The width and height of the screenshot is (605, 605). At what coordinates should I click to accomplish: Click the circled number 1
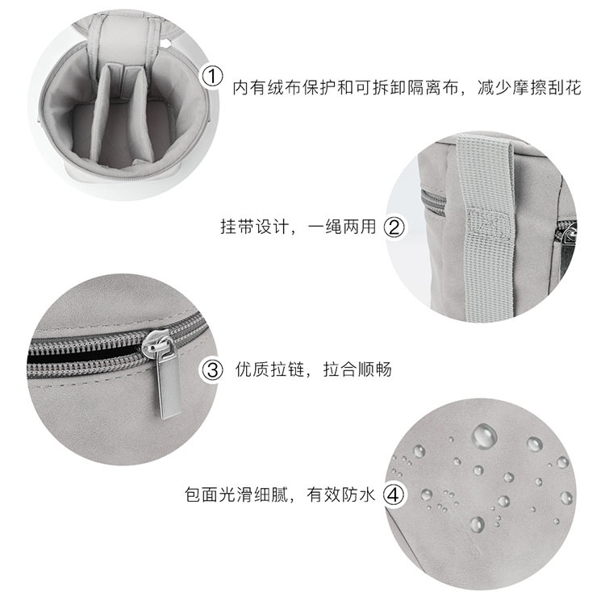211,77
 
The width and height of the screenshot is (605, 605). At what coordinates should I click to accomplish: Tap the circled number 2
394,227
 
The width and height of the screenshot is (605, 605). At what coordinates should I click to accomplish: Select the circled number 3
211,370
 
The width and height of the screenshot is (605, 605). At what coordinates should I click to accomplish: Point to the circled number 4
393,494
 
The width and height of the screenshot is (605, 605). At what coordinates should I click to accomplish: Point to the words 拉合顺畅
359,370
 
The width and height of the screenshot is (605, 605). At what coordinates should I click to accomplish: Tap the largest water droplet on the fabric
484,436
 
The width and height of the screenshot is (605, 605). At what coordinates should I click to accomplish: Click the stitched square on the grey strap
489,223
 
